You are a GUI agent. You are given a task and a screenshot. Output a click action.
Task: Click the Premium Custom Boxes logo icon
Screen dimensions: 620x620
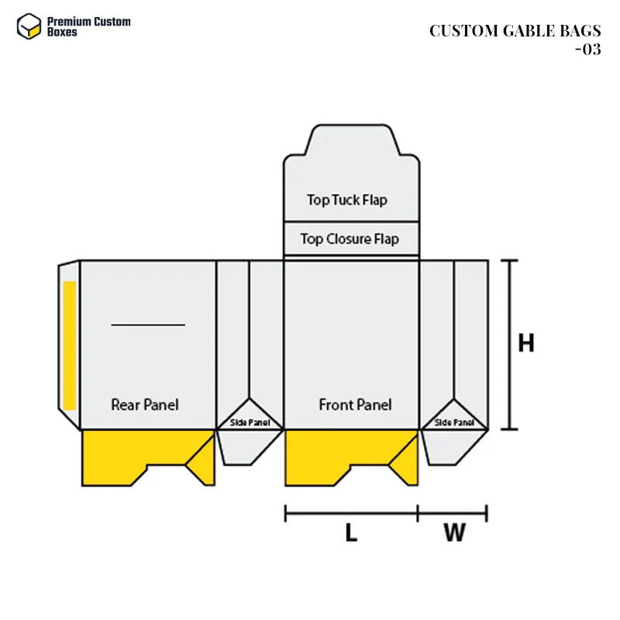point(28,26)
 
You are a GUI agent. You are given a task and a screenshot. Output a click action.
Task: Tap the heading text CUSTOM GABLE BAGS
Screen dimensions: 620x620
point(515,31)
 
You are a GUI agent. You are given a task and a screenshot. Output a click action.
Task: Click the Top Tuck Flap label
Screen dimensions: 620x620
point(346,200)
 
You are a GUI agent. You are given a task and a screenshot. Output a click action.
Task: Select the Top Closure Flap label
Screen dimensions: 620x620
point(350,239)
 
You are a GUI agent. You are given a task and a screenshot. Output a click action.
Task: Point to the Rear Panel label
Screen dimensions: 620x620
point(144,405)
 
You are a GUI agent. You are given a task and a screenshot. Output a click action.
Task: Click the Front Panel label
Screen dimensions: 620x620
point(355,405)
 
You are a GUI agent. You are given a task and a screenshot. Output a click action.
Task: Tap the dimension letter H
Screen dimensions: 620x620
point(526,343)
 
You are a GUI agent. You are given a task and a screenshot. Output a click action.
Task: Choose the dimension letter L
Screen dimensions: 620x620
point(351,532)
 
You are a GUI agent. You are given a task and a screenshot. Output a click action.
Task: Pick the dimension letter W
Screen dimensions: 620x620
point(454,532)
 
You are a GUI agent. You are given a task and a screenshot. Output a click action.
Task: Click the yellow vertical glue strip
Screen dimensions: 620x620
point(70,345)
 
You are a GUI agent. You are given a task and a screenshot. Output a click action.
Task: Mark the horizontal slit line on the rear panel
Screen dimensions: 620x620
point(148,325)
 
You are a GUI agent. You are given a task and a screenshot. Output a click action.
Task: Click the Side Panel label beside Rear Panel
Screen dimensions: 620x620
point(250,422)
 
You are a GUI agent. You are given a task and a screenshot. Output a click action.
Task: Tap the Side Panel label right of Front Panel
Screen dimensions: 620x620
point(454,422)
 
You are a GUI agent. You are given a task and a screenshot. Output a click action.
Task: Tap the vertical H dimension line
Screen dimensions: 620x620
point(509,345)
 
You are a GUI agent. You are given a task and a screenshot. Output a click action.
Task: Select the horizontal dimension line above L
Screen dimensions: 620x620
point(351,512)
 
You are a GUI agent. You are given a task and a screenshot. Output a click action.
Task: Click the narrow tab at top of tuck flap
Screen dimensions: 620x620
point(351,139)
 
